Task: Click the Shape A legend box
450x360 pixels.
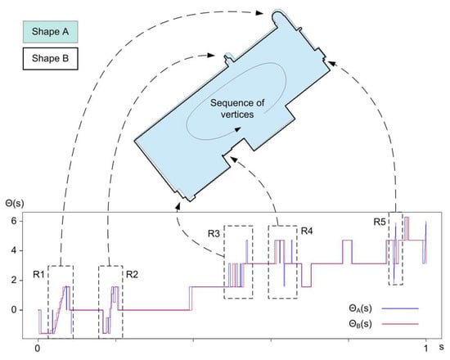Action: (50, 32)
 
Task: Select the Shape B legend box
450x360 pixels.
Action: (50, 59)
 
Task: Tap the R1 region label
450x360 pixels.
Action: (38, 274)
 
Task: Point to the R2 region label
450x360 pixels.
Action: (132, 274)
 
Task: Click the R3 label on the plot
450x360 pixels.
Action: (214, 234)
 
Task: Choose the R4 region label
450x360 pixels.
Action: (307, 231)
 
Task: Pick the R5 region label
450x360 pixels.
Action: (380, 222)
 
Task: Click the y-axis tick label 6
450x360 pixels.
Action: (14, 221)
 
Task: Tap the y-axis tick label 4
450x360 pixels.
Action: (14, 250)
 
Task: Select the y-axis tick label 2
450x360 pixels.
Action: (14, 280)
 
